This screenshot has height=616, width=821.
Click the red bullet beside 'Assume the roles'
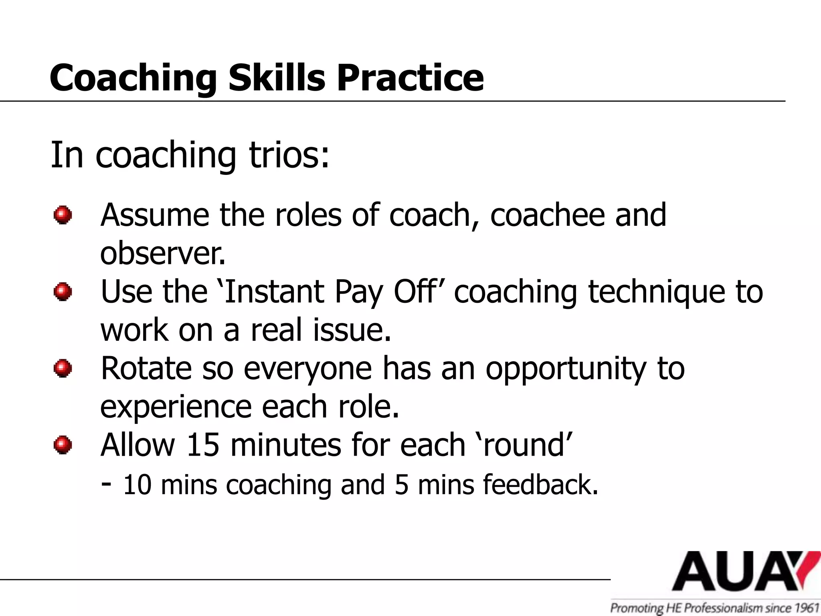point(63,215)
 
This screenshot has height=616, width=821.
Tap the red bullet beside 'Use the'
point(63,292)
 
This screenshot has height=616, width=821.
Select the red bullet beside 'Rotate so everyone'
point(63,368)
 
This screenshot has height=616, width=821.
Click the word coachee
point(547,215)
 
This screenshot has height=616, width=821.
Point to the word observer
point(162,253)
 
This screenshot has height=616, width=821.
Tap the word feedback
point(540,484)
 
